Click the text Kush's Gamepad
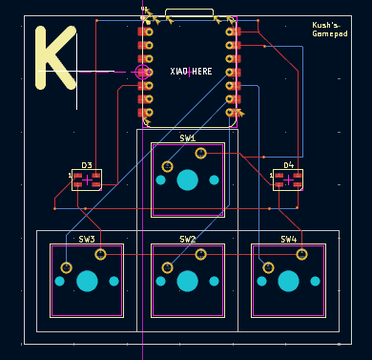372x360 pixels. pyautogui.click(x=329, y=30)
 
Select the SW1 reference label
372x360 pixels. pyautogui.click(x=187, y=138)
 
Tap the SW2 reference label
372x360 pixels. pyautogui.click(x=187, y=240)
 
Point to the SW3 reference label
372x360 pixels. pyautogui.click(x=87, y=240)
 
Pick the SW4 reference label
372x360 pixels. pyautogui.click(x=288, y=240)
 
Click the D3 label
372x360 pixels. pyautogui.click(x=87, y=165)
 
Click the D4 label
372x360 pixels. pyautogui.click(x=288, y=165)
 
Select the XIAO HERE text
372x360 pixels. pyautogui.click(x=191, y=72)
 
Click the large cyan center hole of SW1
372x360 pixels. pyautogui.click(x=188, y=179)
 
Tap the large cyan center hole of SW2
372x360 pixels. pyautogui.click(x=188, y=281)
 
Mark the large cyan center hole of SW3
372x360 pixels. pyautogui.click(x=88, y=281)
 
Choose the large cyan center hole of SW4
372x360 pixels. pyautogui.click(x=288, y=281)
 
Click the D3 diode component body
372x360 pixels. pyautogui.click(x=87, y=180)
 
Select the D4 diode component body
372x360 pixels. pyautogui.click(x=288, y=180)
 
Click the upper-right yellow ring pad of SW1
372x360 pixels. pyautogui.click(x=200, y=153)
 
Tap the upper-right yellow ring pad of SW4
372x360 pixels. pyautogui.click(x=301, y=254)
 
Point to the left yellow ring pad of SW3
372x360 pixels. pyautogui.click(x=65, y=267)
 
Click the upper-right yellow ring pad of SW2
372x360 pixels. pyautogui.click(x=200, y=254)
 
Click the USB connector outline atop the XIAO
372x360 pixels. pyautogui.click(x=189, y=13)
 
